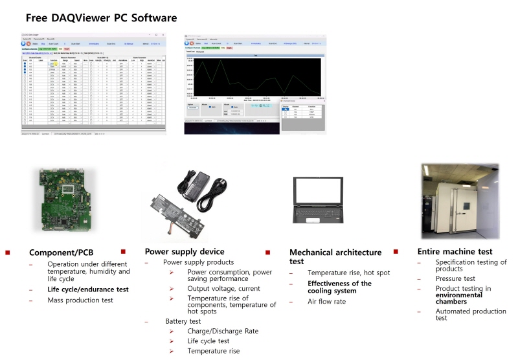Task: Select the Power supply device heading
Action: pos(185,251)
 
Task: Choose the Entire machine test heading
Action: pos(455,251)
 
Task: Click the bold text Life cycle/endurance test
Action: pos(87,289)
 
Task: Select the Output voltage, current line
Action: pos(223,288)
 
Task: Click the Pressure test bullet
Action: pos(455,279)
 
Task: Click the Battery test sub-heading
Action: pos(185,321)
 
